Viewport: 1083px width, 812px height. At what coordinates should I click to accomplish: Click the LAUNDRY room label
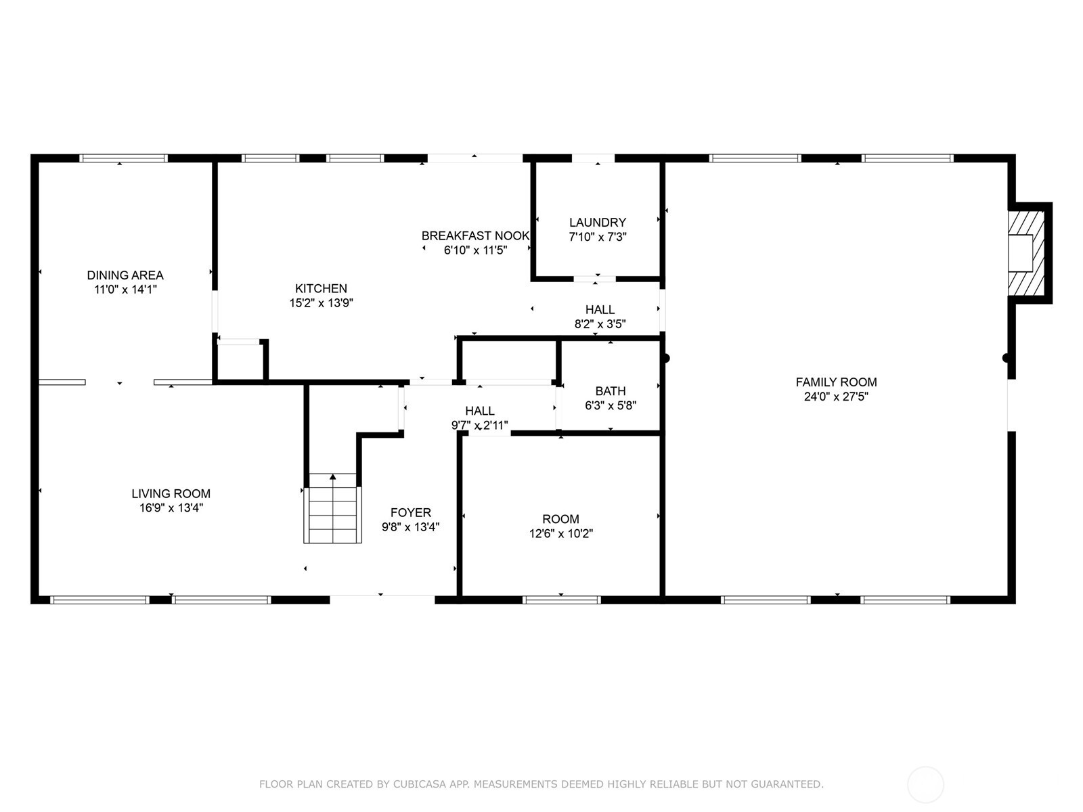tap(597, 223)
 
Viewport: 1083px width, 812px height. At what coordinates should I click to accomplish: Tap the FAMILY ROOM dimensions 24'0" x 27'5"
tap(836, 397)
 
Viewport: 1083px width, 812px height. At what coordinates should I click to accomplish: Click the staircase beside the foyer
tap(332, 508)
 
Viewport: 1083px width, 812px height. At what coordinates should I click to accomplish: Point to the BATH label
tap(610, 391)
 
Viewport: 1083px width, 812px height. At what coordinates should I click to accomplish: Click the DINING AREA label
tap(125, 275)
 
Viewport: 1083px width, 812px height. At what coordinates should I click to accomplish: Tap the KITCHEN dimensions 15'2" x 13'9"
tap(322, 303)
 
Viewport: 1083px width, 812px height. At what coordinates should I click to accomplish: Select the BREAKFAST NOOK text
tap(475, 236)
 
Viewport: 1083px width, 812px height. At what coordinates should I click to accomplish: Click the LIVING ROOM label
tap(171, 494)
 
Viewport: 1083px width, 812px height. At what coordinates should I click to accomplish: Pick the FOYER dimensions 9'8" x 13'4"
tap(410, 527)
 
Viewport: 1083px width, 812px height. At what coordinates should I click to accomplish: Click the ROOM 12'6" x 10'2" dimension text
tap(560, 534)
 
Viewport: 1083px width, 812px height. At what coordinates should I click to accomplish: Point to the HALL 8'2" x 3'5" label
tap(600, 311)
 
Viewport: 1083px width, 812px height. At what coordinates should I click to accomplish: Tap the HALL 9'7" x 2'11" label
tap(479, 411)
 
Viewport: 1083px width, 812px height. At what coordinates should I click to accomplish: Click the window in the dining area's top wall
tap(123, 158)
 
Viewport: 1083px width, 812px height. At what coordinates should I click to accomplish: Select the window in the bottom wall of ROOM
tap(562, 600)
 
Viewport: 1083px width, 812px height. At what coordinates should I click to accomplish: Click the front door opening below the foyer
tap(382, 599)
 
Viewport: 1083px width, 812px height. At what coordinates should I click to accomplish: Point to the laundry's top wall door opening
tap(593, 158)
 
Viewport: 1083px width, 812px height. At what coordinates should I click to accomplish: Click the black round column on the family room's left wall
tap(665, 359)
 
